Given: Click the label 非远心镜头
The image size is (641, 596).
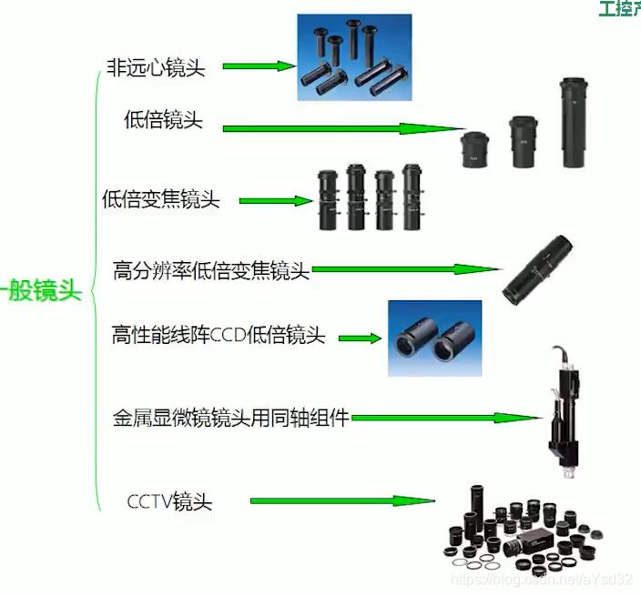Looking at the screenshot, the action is pyautogui.click(x=155, y=69).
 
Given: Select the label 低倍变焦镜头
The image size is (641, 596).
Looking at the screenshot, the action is pyautogui.click(x=161, y=199).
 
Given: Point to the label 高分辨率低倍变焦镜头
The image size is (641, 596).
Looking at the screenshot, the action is pyautogui.click(x=211, y=270).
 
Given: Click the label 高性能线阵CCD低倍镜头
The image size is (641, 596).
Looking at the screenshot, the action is pyautogui.click(x=218, y=336).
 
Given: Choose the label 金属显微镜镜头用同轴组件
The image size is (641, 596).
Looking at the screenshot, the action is pyautogui.click(x=231, y=419).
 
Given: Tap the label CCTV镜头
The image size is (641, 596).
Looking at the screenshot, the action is pyautogui.click(x=169, y=500).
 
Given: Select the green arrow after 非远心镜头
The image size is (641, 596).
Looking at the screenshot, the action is pyautogui.click(x=259, y=66).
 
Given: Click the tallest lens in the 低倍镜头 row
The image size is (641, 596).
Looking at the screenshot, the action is pyautogui.click(x=574, y=123).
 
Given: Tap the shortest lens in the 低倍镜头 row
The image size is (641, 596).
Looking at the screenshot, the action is pyautogui.click(x=476, y=150).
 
